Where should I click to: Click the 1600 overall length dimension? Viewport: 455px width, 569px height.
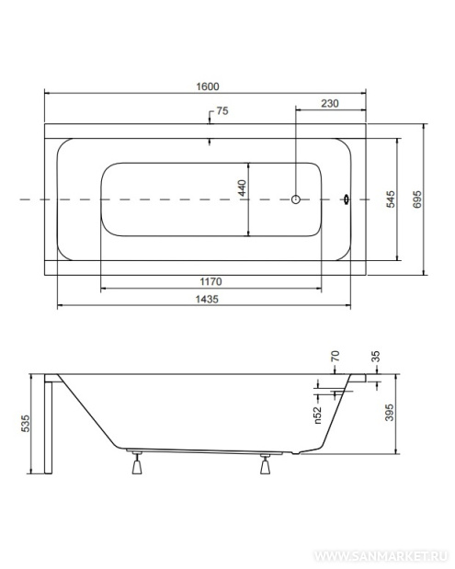[x=208, y=86]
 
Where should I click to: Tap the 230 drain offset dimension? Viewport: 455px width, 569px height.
[x=330, y=104]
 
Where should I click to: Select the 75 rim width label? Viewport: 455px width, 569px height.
[x=222, y=110]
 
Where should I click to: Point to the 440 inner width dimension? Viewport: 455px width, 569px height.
[x=242, y=188]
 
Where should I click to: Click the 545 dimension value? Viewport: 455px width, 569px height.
[x=391, y=199]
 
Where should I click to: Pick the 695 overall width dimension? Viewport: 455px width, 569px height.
[x=417, y=199]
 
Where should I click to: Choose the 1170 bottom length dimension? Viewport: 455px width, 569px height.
[x=210, y=281]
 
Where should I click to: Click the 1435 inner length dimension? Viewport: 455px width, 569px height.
[x=207, y=299]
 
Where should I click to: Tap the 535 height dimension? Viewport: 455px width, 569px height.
[x=26, y=424]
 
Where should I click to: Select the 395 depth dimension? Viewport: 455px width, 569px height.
[x=389, y=413]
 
